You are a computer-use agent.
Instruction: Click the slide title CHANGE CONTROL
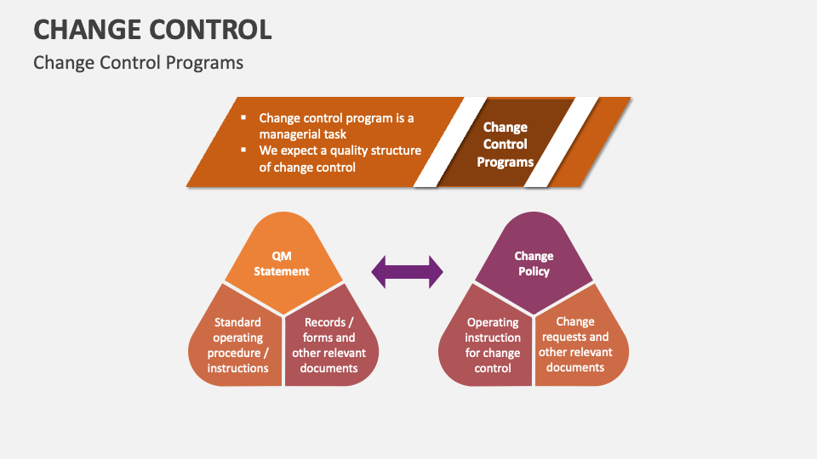tap(152, 29)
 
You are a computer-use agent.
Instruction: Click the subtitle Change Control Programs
tap(138, 63)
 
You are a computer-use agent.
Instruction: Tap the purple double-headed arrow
tap(407, 272)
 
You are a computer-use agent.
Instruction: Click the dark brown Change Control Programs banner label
tap(505, 144)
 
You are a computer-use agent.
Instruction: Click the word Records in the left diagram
tap(324, 322)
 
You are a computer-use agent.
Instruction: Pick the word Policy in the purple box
tap(534, 271)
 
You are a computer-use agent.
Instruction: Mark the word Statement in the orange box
tap(282, 271)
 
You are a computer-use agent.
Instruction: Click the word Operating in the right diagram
tap(493, 322)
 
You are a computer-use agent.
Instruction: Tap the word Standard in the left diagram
tap(237, 322)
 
